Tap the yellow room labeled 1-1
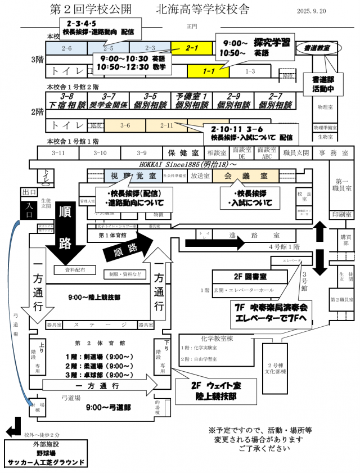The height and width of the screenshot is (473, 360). (208, 71)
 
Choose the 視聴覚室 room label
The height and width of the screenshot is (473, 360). (125, 175)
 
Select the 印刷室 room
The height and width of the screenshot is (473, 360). (341, 215)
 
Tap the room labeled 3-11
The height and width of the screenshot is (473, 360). (58, 152)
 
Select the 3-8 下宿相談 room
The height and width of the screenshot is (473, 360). (67, 101)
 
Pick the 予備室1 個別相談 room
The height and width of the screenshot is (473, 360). (192, 101)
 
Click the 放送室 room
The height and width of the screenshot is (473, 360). (200, 175)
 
